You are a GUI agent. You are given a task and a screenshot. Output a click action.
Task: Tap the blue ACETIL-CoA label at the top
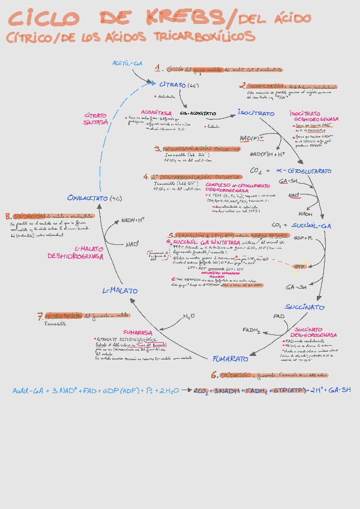pos(128,63)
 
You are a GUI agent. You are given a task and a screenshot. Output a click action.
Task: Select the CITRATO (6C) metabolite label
pos(179,85)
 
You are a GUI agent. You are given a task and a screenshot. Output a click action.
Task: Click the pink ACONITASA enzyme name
pos(155,112)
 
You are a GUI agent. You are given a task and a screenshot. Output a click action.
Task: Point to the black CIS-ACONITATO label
pos(197,113)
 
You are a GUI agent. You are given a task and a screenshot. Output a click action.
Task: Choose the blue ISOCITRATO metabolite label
pos(256,113)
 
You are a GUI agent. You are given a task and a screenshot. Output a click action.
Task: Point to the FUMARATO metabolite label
pos(230,359)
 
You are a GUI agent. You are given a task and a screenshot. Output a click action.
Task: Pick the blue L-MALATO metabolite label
pos(120,291)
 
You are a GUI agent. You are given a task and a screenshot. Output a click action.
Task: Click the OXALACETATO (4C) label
pos(95,197)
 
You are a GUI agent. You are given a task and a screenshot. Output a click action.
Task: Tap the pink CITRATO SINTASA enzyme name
pos(96,118)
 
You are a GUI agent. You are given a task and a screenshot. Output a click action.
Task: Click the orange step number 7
pos(40,316)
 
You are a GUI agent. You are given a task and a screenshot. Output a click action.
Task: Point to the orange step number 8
pos(8,216)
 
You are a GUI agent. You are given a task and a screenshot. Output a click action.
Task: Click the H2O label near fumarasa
pos(188,316)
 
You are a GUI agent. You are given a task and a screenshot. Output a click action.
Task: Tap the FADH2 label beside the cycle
pos(252,330)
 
